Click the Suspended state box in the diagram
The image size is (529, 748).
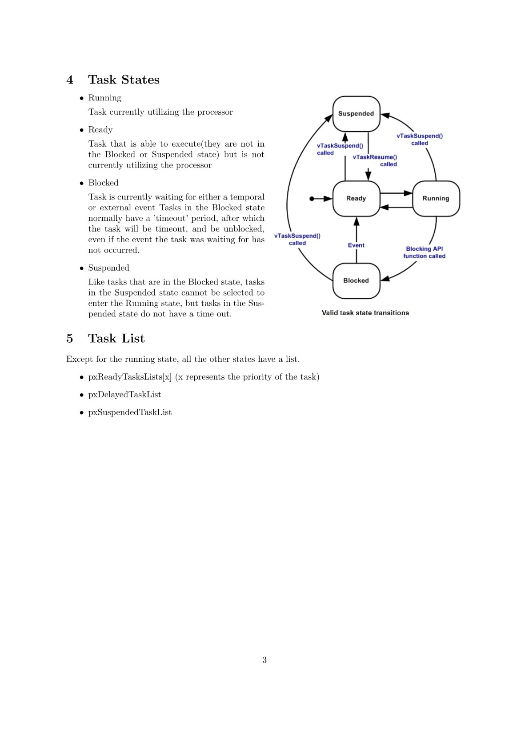tap(356, 114)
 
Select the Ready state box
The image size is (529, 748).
tap(356, 199)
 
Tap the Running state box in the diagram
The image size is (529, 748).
tap(436, 199)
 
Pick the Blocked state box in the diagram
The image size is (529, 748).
tap(356, 280)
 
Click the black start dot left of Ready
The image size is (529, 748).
tap(312, 199)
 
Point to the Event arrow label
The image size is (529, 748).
tap(356, 245)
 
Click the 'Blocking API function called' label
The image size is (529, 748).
tap(425, 252)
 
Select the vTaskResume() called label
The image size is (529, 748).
tap(375, 160)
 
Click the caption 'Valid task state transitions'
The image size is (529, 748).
tap(365, 313)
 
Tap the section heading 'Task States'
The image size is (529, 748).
tap(124, 80)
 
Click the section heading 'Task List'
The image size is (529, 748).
tap(116, 338)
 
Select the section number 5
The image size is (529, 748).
tap(70, 338)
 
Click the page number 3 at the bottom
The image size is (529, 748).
tap(264, 660)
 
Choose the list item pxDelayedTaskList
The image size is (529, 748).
tap(124, 395)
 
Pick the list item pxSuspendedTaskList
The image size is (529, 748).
tap(130, 412)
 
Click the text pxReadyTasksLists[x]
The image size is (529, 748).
tap(130, 377)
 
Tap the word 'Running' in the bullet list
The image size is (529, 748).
tap(105, 98)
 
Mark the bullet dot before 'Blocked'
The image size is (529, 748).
tap(82, 183)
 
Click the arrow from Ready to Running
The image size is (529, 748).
tap(396, 193)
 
